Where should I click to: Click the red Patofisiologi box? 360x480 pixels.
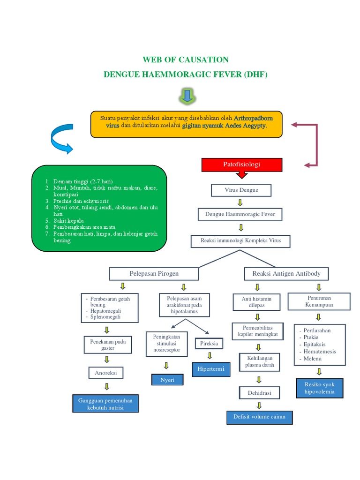pyautogui.click(x=241, y=165)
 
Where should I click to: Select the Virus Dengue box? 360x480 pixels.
pyautogui.click(x=241, y=190)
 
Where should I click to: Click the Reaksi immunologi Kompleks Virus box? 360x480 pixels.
pyautogui.click(x=240, y=241)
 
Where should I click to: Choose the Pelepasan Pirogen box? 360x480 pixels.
pyautogui.click(x=154, y=273)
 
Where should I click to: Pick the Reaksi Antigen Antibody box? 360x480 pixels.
pyautogui.click(x=286, y=273)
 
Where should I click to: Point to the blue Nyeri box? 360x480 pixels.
pyautogui.click(x=167, y=380)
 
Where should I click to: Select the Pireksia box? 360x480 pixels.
pyautogui.click(x=209, y=344)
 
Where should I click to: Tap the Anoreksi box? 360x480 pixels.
pyautogui.click(x=106, y=373)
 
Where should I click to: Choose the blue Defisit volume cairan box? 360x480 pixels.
pyautogui.click(x=259, y=417)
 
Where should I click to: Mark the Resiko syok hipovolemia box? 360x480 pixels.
pyautogui.click(x=319, y=388)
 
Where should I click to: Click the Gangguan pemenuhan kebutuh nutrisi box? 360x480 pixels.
pyautogui.click(x=106, y=404)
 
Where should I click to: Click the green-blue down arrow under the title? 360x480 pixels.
pyautogui.click(x=187, y=96)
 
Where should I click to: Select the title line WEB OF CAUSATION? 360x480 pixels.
pyautogui.click(x=186, y=60)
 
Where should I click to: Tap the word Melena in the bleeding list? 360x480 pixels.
pyautogui.click(x=312, y=359)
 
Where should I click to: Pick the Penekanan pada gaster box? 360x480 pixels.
pyautogui.click(x=108, y=345)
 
